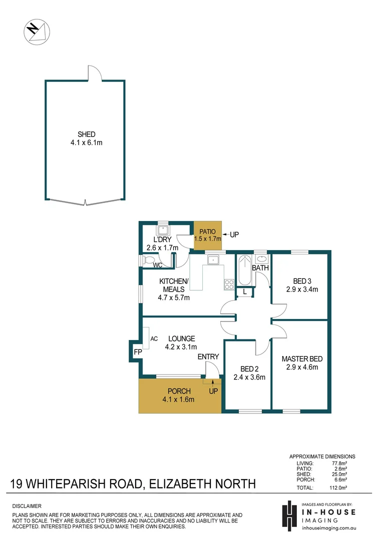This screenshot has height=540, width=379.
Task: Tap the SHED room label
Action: (x=86, y=134)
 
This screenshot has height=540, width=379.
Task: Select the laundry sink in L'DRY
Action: (x=163, y=231)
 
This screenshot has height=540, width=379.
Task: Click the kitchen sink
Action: (x=213, y=259)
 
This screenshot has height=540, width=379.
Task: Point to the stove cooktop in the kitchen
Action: (x=229, y=284)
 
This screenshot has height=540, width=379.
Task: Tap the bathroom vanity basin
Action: (x=261, y=258)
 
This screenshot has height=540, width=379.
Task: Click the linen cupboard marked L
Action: (x=244, y=292)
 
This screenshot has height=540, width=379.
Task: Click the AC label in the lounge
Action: (x=154, y=338)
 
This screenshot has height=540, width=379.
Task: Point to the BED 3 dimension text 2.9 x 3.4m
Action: (x=301, y=289)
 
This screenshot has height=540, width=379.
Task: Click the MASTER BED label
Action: (x=301, y=359)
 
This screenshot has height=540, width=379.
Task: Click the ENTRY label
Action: (x=208, y=356)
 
